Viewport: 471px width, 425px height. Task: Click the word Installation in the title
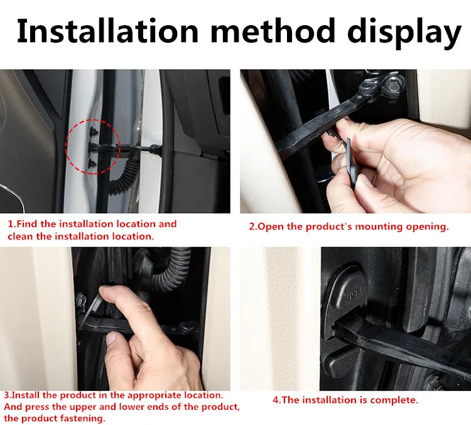[x=107, y=31]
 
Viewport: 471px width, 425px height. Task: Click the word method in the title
[x=273, y=30]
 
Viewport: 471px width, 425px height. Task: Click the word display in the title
[x=404, y=33]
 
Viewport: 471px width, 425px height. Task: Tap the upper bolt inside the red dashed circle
[x=92, y=131]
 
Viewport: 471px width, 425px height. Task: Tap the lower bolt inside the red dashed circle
[x=92, y=164]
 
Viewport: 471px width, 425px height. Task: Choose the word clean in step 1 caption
[x=21, y=236]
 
